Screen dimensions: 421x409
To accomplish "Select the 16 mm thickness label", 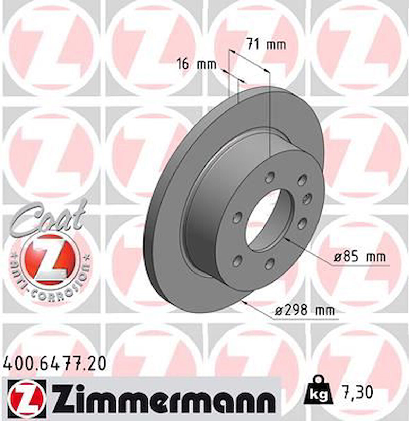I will [x=196, y=64].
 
